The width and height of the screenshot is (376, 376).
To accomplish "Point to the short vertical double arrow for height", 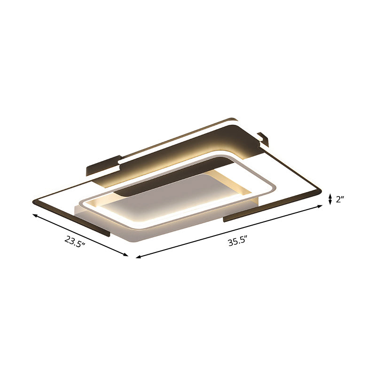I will coord(330,199).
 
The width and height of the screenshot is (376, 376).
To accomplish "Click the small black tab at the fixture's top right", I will coord(263,138).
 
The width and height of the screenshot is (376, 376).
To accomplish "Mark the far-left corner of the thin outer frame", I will coord(33,201).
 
